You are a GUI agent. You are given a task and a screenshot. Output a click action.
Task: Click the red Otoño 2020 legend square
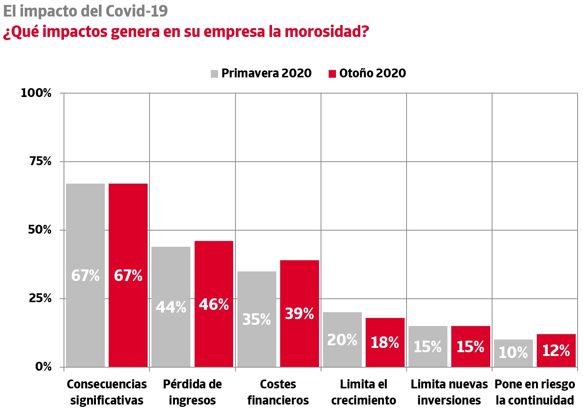[332, 74]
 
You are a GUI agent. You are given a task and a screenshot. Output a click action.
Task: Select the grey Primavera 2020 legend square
[215, 74]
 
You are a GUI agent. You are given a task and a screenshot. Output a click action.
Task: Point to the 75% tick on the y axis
[40, 161]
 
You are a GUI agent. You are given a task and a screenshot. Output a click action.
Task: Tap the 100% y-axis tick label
[36, 93]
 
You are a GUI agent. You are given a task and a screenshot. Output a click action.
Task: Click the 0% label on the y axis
[43, 366]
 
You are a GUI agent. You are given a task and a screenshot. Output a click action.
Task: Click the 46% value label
[214, 304]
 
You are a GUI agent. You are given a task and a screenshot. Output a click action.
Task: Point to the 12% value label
[556, 351]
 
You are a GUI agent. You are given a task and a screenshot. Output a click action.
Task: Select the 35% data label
[257, 319]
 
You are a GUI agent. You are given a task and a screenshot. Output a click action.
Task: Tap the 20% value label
[342, 340]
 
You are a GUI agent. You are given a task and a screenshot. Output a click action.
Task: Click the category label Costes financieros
[278, 392]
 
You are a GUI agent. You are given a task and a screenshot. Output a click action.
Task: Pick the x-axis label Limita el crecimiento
[363, 392]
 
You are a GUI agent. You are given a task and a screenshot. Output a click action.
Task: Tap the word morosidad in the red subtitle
[327, 32]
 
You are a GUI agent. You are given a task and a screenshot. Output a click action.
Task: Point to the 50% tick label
[40, 230]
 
